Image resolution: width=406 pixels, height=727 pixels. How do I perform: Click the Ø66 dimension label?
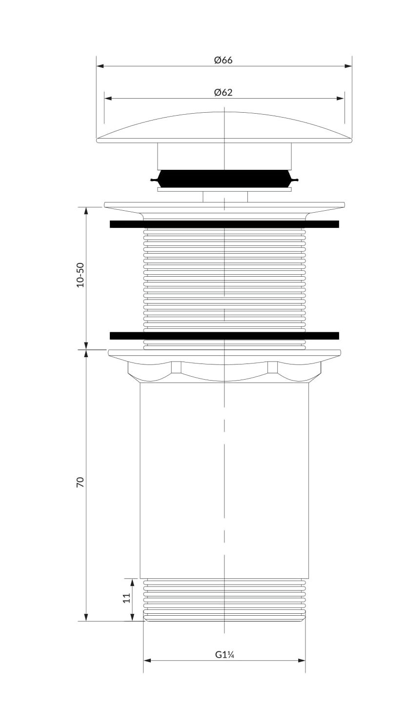point(223,60)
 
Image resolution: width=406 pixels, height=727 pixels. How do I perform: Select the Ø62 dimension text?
point(223,93)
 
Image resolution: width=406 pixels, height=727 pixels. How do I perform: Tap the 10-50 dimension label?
point(80,275)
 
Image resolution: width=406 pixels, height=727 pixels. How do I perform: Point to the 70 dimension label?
point(80,482)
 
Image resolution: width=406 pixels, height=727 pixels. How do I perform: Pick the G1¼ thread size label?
point(224,655)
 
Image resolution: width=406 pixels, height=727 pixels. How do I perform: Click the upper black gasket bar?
point(224,224)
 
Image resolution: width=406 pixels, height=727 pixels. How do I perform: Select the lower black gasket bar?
point(224,336)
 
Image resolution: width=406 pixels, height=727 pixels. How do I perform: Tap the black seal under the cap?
point(224,179)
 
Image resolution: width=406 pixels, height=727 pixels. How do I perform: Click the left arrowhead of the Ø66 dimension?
point(100,66)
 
